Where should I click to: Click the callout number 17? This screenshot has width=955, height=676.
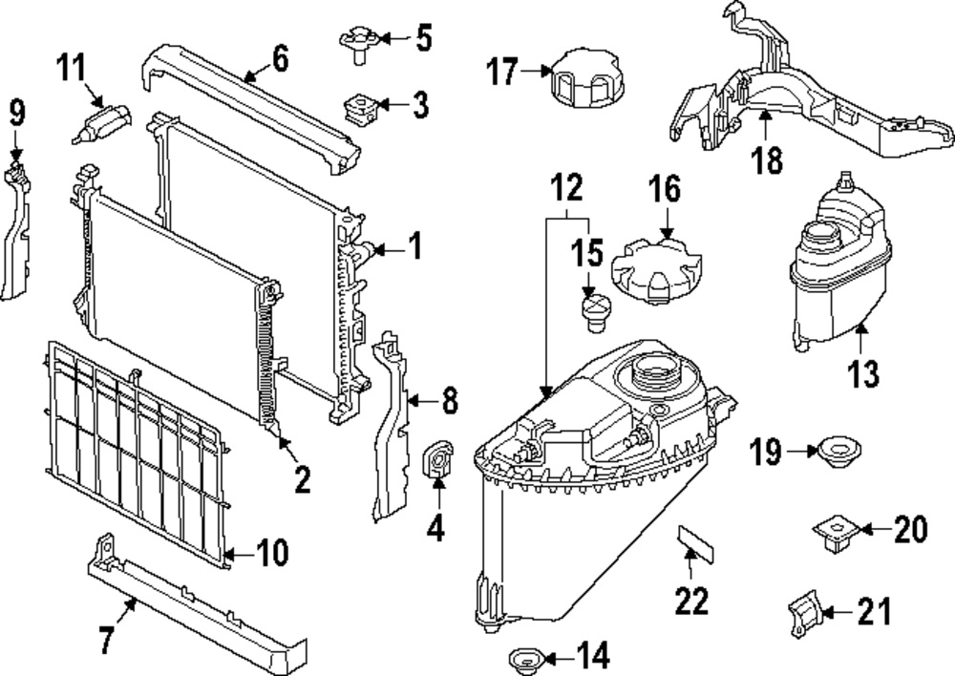[502, 72]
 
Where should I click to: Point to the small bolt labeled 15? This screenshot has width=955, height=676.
[594, 312]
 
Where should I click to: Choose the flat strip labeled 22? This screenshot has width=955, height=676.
[694, 541]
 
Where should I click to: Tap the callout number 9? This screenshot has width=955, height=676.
[17, 113]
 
